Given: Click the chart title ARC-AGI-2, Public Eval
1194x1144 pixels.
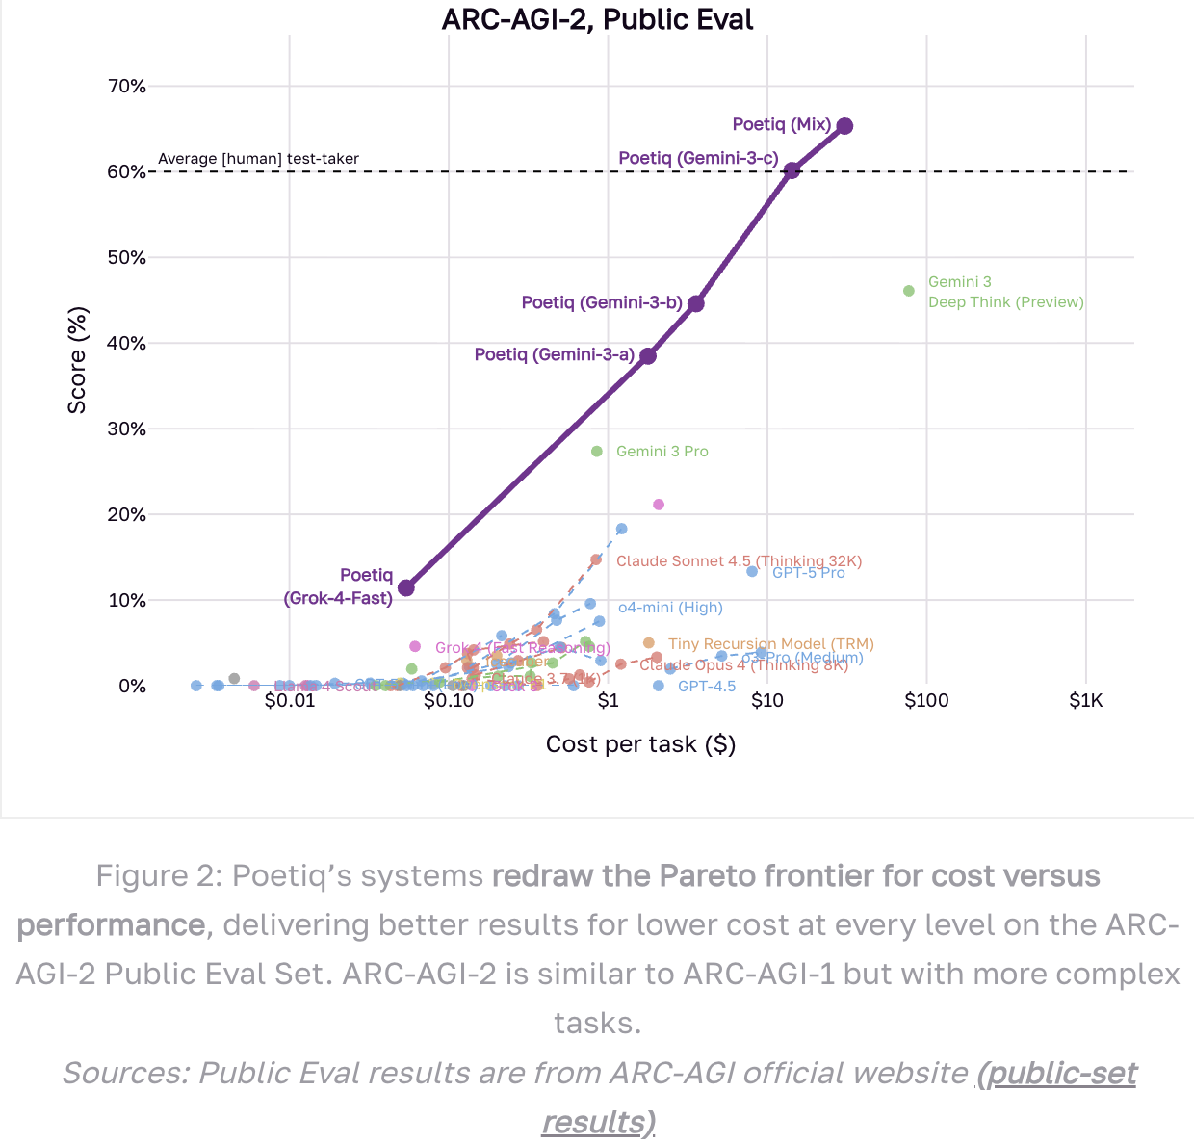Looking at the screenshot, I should [597, 19].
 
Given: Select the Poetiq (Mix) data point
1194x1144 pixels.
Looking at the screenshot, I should [844, 126].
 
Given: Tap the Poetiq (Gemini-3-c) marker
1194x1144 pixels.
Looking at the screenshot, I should [792, 170].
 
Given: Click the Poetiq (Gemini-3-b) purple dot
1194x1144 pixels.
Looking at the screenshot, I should [696, 303].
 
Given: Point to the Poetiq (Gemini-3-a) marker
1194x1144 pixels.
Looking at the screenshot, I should [648, 355].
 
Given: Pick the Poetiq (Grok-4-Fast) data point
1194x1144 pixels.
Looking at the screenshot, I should [406, 587].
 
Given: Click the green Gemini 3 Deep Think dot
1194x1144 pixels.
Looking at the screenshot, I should [909, 291].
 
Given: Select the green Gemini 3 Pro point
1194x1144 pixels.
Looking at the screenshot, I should [597, 452].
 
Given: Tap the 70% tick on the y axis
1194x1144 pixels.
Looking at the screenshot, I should [127, 87].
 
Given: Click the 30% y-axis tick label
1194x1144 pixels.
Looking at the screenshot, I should [127, 429].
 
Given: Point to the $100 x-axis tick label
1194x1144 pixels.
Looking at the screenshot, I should [926, 701].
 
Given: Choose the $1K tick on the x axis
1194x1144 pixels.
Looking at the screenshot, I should [1086, 701].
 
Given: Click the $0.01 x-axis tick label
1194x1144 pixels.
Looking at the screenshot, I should [290, 701].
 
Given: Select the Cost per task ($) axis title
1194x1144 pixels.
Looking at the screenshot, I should [640, 744].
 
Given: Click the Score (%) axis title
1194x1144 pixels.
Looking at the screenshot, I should [77, 360].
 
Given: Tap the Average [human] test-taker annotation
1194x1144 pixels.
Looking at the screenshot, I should [258, 159].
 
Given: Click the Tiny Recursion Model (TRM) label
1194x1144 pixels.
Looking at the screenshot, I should [771, 644].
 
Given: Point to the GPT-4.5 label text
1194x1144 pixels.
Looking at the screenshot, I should [707, 687].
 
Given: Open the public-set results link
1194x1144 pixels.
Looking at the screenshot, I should [1056, 1073].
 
